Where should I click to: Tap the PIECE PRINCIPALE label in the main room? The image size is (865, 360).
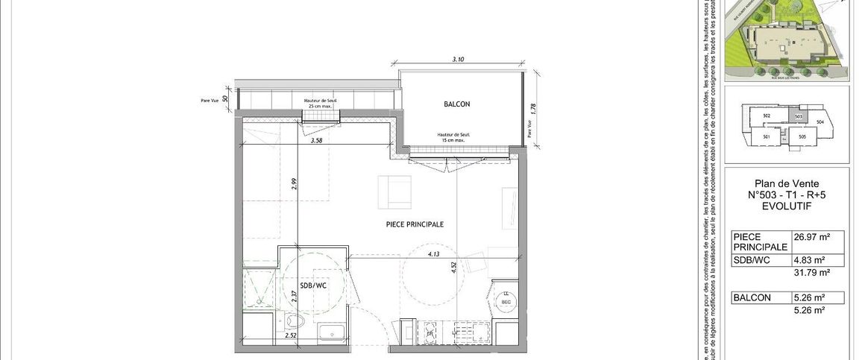(x=415, y=224)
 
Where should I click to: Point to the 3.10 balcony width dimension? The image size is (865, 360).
(x=459, y=59)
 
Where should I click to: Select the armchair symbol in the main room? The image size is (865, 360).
(x=394, y=192)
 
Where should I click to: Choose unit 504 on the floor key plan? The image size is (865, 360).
(x=820, y=121)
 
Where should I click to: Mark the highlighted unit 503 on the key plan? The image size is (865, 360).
(x=798, y=116)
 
